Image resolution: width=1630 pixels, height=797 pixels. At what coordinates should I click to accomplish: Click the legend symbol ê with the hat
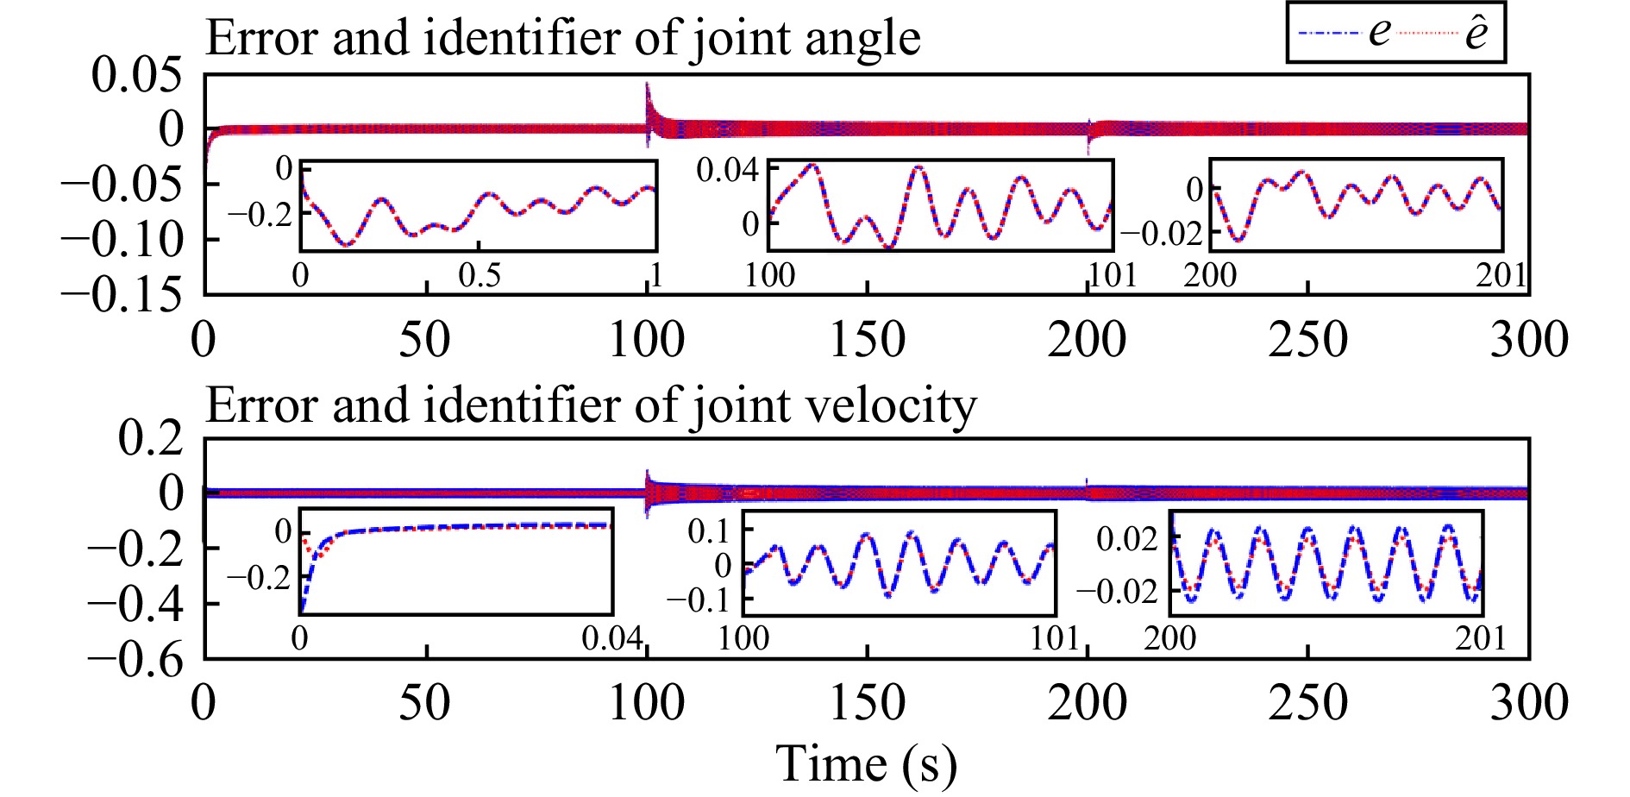coord(1476,33)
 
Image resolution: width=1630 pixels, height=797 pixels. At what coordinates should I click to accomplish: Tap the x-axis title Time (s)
coord(866,764)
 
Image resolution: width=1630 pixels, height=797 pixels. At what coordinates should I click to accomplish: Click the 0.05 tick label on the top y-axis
coord(137,76)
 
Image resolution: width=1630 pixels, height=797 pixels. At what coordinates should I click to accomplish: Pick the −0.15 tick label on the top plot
coord(122,294)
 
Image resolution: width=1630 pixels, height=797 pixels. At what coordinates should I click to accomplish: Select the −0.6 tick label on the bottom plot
coord(135,660)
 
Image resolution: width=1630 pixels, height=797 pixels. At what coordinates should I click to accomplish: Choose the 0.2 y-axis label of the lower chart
coord(151,438)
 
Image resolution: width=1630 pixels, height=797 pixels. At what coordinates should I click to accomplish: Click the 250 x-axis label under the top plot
coord(1307,340)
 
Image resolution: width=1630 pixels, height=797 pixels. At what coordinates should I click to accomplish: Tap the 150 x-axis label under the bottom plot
coord(867,703)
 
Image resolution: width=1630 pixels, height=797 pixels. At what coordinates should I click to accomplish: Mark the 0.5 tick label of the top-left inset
coord(480,276)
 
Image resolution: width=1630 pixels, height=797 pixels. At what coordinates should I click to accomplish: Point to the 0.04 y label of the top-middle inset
coord(727,171)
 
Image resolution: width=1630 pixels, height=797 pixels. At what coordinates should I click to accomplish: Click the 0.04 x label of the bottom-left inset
coord(611,639)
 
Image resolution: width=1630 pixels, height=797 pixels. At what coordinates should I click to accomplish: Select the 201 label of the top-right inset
coord(1501,275)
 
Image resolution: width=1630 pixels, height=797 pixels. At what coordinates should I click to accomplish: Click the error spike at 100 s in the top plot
coord(648,95)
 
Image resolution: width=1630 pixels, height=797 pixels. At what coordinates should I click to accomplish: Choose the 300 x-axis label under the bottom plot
coord(1528,703)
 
